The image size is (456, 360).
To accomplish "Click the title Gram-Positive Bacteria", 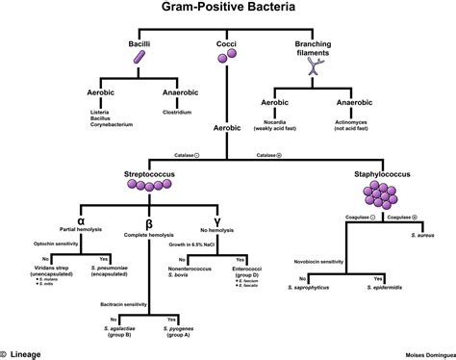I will click(x=227, y=10).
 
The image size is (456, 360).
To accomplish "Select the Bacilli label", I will click(x=140, y=45).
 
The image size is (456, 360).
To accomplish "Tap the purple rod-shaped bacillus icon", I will click(x=140, y=60).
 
